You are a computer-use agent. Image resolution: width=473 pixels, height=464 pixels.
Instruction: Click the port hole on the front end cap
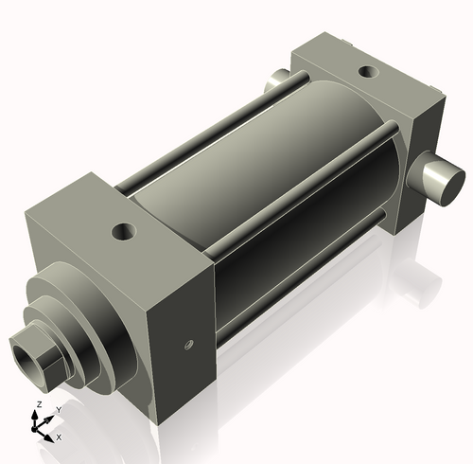pos(122,229)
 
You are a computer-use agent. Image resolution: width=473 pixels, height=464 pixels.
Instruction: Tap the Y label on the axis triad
pos(59,409)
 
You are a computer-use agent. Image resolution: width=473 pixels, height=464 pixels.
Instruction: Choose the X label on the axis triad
pos(59,437)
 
